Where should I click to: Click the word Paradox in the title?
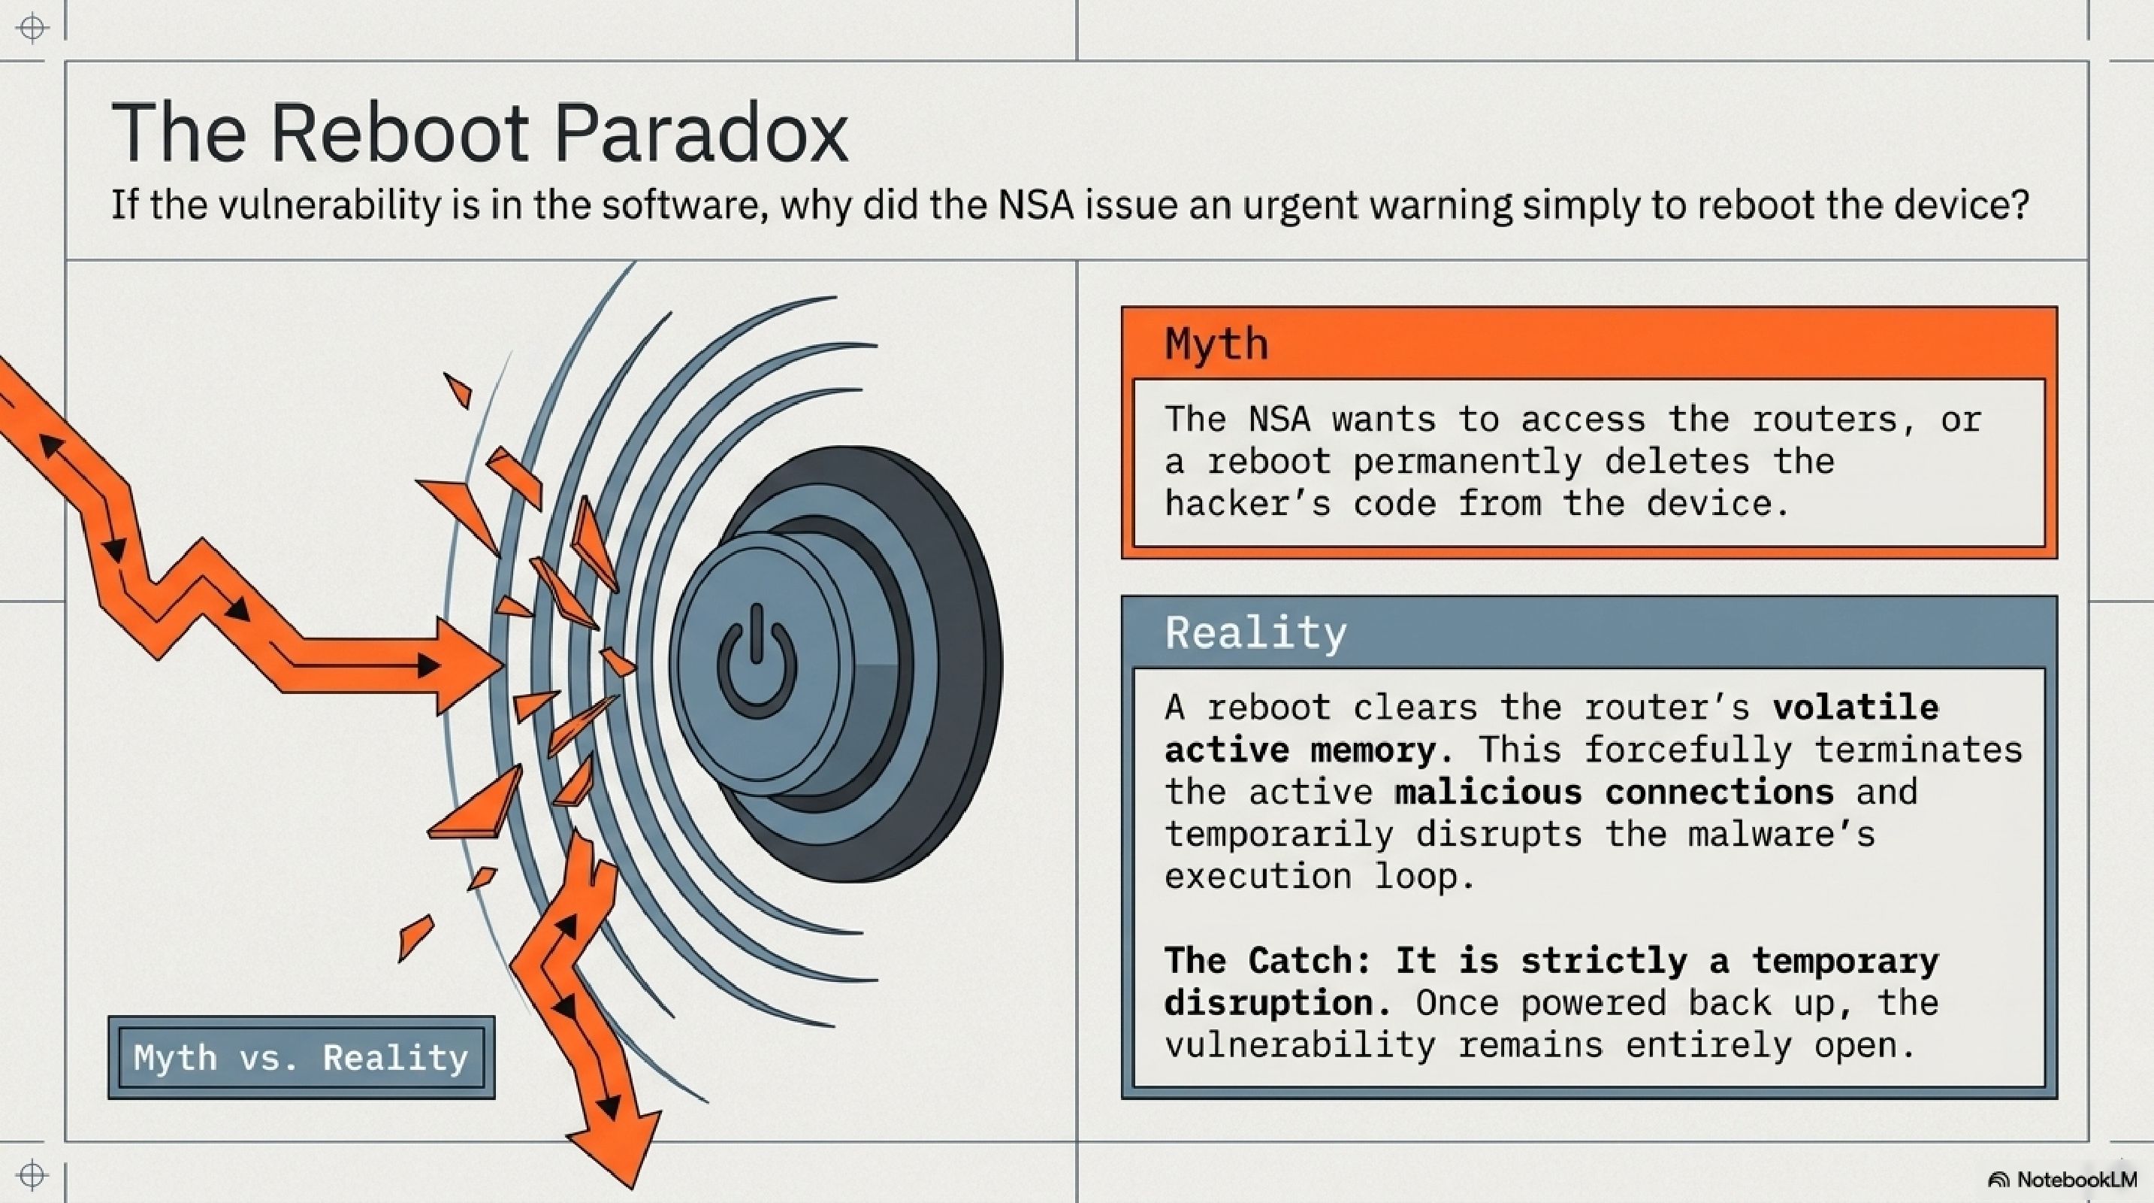tap(701, 133)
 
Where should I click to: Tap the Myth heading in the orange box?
tap(1216, 344)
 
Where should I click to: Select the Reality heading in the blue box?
tap(1256, 633)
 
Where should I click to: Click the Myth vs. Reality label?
tap(301, 1057)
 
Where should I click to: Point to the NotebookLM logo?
tap(2062, 1180)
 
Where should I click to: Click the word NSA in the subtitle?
tap(1036, 205)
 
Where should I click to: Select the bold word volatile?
tap(1855, 708)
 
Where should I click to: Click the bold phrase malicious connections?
tap(1614, 792)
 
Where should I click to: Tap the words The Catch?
tap(1268, 960)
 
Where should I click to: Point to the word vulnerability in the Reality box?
tap(1301, 1046)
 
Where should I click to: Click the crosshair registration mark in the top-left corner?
tap(32, 28)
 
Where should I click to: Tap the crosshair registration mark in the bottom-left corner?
tap(32, 1175)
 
